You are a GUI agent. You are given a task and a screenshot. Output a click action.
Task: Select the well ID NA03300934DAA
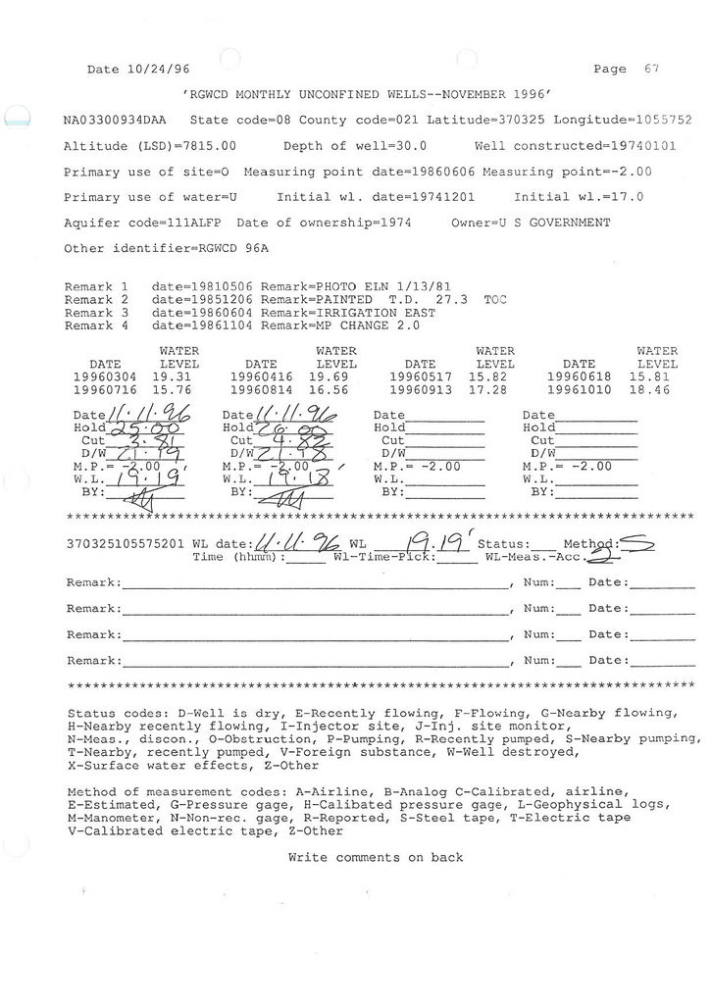click(115, 121)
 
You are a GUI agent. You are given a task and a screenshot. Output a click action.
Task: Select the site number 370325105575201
click(126, 543)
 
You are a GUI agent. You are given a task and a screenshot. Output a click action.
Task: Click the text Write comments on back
click(375, 857)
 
